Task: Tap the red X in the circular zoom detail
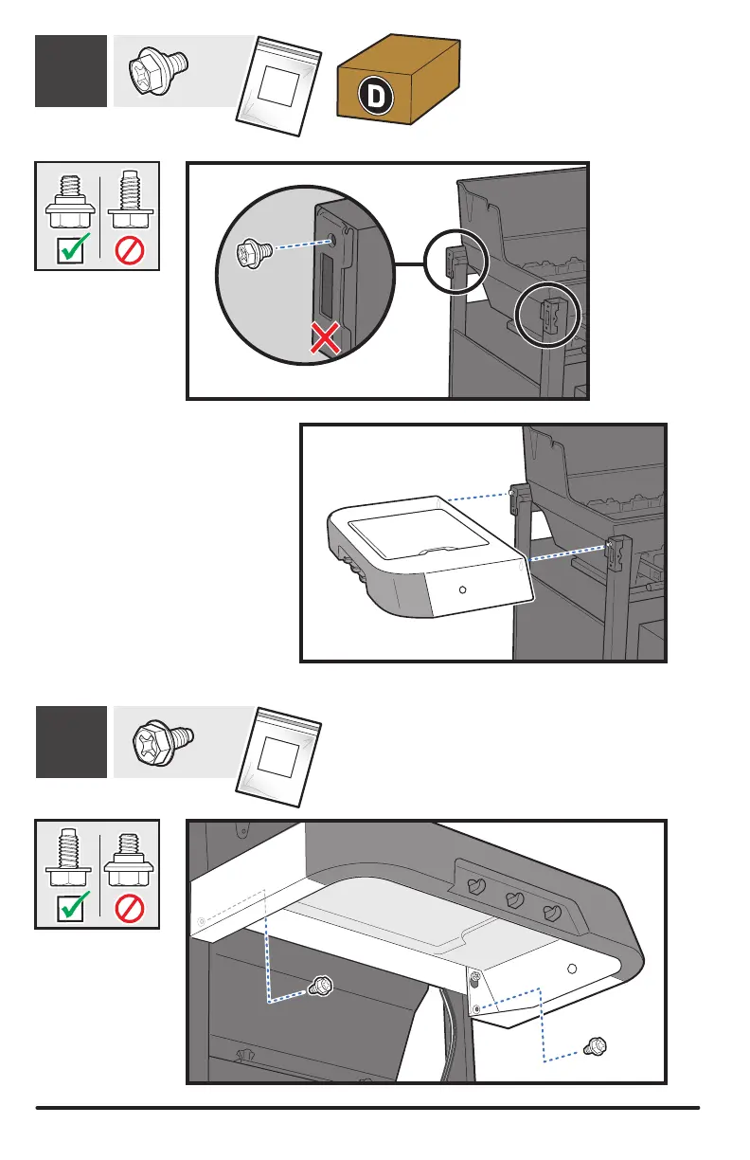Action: click(327, 337)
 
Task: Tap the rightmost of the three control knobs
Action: click(551, 914)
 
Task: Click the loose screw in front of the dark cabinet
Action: click(322, 987)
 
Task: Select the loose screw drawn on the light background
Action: click(596, 1046)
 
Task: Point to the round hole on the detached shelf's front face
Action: click(462, 589)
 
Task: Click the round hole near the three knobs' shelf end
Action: click(571, 969)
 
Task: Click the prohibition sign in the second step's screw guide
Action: click(129, 908)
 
